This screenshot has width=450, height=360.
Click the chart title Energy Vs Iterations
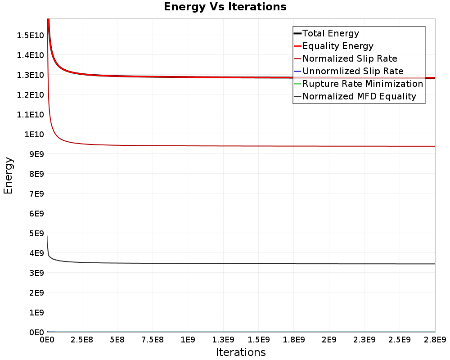[225, 7]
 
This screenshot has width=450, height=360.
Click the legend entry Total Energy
[331, 33]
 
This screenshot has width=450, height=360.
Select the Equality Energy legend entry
[338, 46]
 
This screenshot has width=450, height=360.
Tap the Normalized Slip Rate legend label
[350, 58]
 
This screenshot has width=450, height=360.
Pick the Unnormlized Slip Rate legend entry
[353, 71]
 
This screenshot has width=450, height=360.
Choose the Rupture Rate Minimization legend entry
[363, 84]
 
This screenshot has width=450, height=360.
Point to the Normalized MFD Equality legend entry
[359, 96]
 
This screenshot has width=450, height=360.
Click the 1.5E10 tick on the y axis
[30, 36]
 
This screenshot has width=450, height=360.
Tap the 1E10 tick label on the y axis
[34, 135]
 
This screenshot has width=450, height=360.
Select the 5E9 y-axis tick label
[36, 234]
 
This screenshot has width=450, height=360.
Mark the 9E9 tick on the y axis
[36, 154]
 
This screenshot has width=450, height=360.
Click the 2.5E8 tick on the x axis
[82, 340]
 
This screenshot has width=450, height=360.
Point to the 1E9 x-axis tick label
[188, 340]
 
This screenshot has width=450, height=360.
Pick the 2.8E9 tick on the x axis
[435, 340]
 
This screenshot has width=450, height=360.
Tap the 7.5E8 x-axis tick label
[153, 340]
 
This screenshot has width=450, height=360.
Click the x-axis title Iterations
[241, 352]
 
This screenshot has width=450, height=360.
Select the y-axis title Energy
[8, 175]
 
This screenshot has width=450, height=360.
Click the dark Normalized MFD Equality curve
[241, 264]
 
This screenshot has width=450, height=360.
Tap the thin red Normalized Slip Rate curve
[241, 146]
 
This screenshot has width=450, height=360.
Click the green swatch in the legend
[297, 84]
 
